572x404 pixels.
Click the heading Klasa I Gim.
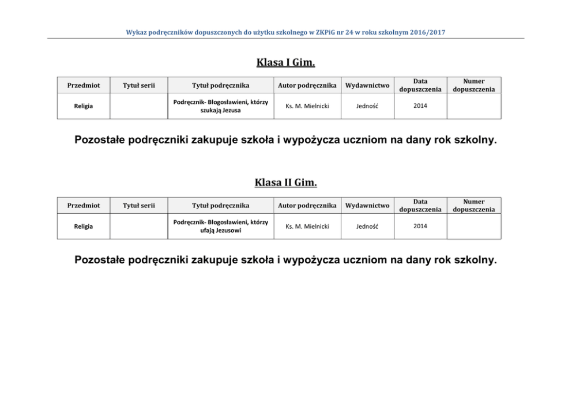[285, 62]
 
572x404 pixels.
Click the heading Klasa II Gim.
[285, 183]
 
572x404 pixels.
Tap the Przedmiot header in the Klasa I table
[83, 85]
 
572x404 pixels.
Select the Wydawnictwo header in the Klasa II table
[367, 205]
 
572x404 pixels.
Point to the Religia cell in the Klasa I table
[83, 106]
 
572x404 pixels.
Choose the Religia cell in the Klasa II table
[83, 226]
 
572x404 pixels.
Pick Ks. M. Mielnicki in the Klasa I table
[307, 106]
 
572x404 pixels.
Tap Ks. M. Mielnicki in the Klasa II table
[307, 226]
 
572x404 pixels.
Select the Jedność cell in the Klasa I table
[367, 106]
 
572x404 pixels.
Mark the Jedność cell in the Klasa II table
[367, 226]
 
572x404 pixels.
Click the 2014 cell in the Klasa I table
[420, 106]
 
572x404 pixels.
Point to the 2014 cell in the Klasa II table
[420, 226]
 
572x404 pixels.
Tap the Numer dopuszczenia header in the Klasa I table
[473, 85]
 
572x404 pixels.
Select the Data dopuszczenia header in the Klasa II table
[420, 205]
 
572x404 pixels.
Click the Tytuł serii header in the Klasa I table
[138, 85]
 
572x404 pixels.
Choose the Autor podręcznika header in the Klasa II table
[307, 205]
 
